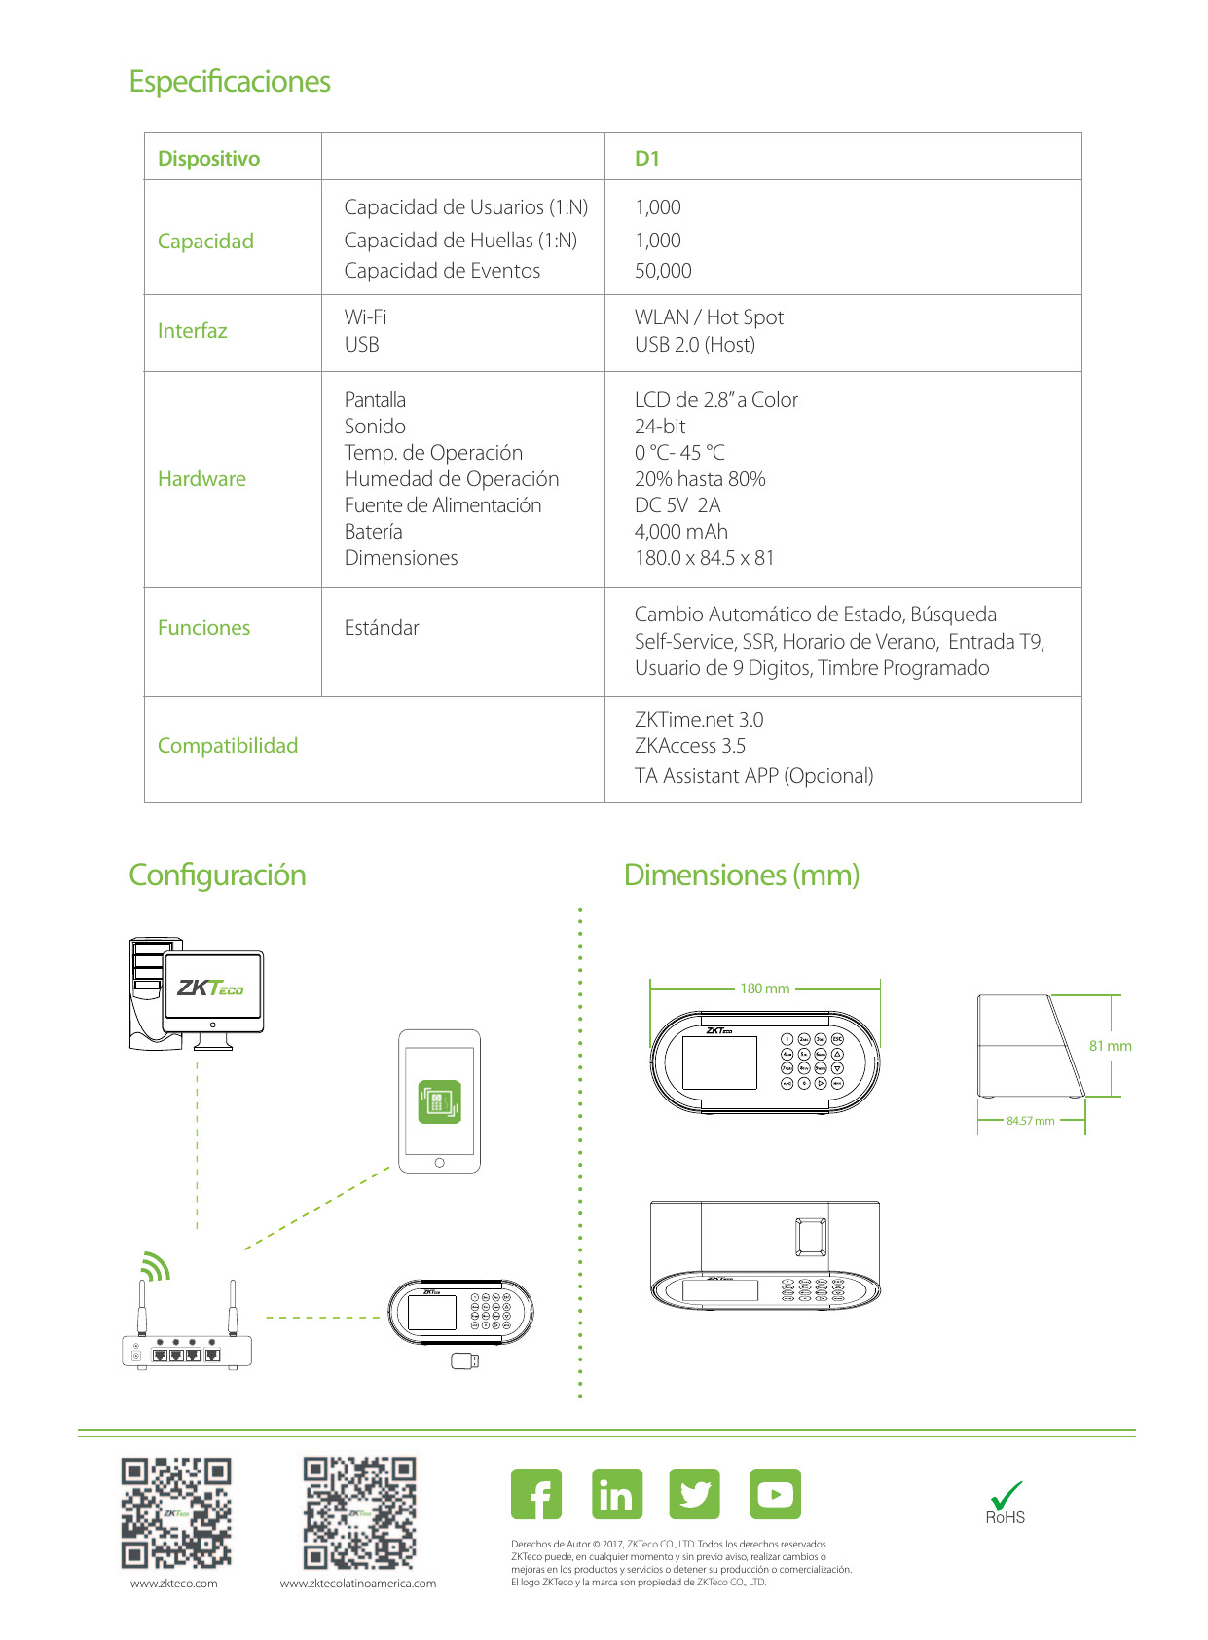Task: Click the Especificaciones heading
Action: [230, 82]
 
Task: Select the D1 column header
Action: [647, 159]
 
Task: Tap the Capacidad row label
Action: [205, 242]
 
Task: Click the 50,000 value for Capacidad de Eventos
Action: [663, 271]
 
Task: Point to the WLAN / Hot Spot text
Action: [709, 317]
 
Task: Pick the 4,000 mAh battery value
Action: [681, 532]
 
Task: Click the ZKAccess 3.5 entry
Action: [690, 746]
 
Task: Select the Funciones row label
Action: [203, 628]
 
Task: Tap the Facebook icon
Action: [536, 1494]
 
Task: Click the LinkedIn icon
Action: [617, 1494]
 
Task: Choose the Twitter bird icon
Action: [695, 1494]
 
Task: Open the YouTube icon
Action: [776, 1494]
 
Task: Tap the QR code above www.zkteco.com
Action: [176, 1512]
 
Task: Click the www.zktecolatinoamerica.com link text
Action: [358, 1584]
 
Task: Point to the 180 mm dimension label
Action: [765, 988]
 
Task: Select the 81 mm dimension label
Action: [1111, 1046]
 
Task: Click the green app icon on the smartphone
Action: [439, 1101]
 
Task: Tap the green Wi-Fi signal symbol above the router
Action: [155, 1266]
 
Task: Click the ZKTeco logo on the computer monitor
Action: [210, 988]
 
